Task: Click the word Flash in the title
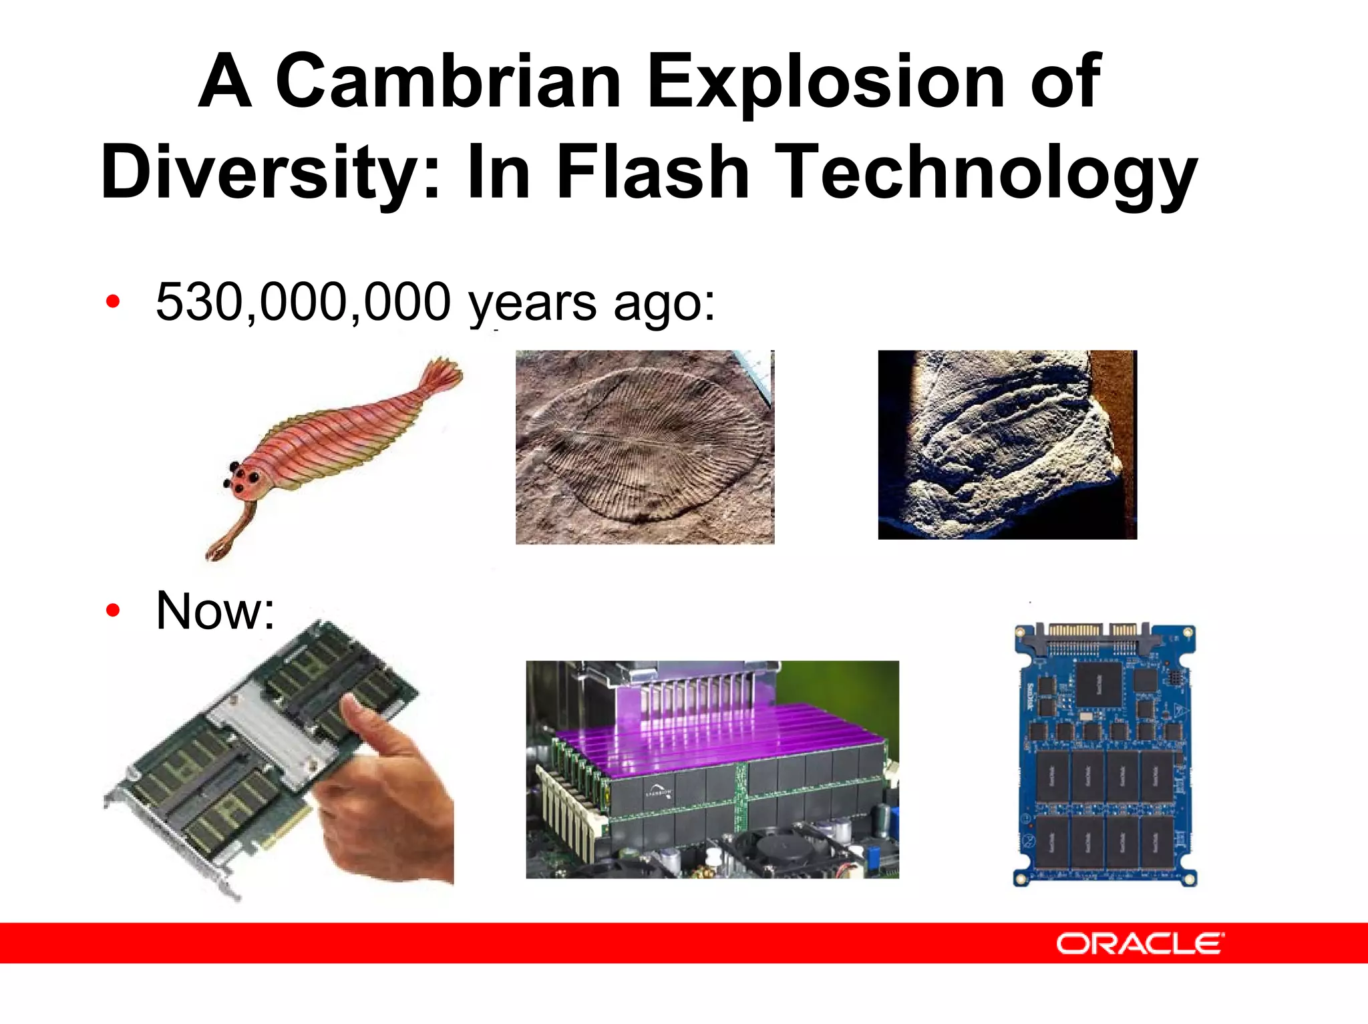[653, 172]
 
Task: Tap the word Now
[214, 611]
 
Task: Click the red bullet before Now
[113, 611]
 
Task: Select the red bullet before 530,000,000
[113, 302]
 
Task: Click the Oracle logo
[1140, 943]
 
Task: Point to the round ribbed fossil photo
[645, 447]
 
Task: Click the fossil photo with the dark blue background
[1007, 445]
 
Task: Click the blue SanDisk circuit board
[1105, 755]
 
